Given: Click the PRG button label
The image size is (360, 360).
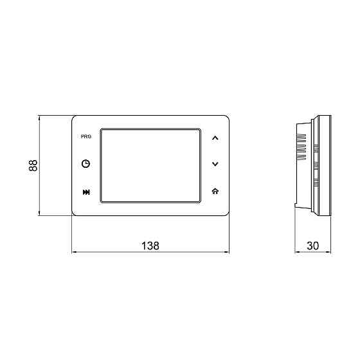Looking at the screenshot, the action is pos(86,136).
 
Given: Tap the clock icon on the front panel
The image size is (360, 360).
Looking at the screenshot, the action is pos(86,164).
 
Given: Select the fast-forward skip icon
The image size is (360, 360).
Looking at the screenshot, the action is pos(86,192).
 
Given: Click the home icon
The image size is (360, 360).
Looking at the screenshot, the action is pos(215,192).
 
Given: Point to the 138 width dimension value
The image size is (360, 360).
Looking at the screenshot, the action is pos(150,246).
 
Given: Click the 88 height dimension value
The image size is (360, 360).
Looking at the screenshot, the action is pos(33,165).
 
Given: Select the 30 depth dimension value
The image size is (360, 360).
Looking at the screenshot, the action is pos(313,246).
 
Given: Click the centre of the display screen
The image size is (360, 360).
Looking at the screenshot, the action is pos(150,166).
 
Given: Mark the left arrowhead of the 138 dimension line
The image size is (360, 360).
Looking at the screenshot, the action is pos(74,252).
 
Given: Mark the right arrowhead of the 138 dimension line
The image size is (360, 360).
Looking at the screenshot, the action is pos(228,252).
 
